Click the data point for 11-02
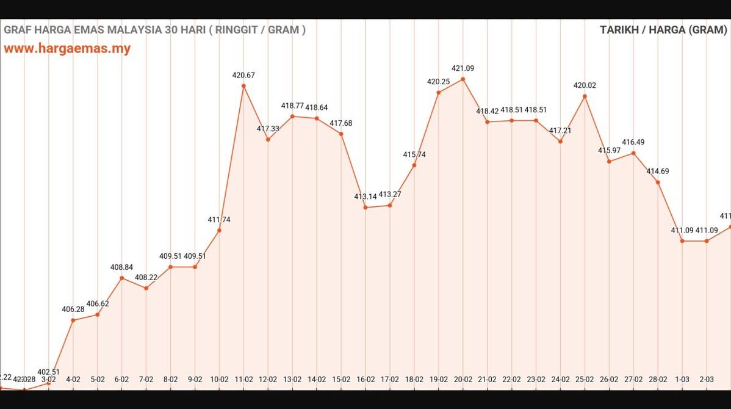243,86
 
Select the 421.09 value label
463,68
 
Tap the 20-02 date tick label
463,379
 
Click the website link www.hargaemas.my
67,49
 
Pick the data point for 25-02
585,96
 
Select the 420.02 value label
585,85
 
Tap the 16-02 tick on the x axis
365,379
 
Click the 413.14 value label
365,197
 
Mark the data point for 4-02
73,320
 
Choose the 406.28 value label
73,309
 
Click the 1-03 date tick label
682,379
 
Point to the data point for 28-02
658,182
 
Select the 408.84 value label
121,267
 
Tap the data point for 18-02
414,165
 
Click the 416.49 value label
633,142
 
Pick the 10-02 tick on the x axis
219,379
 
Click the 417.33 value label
268,129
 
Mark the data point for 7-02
146,288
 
